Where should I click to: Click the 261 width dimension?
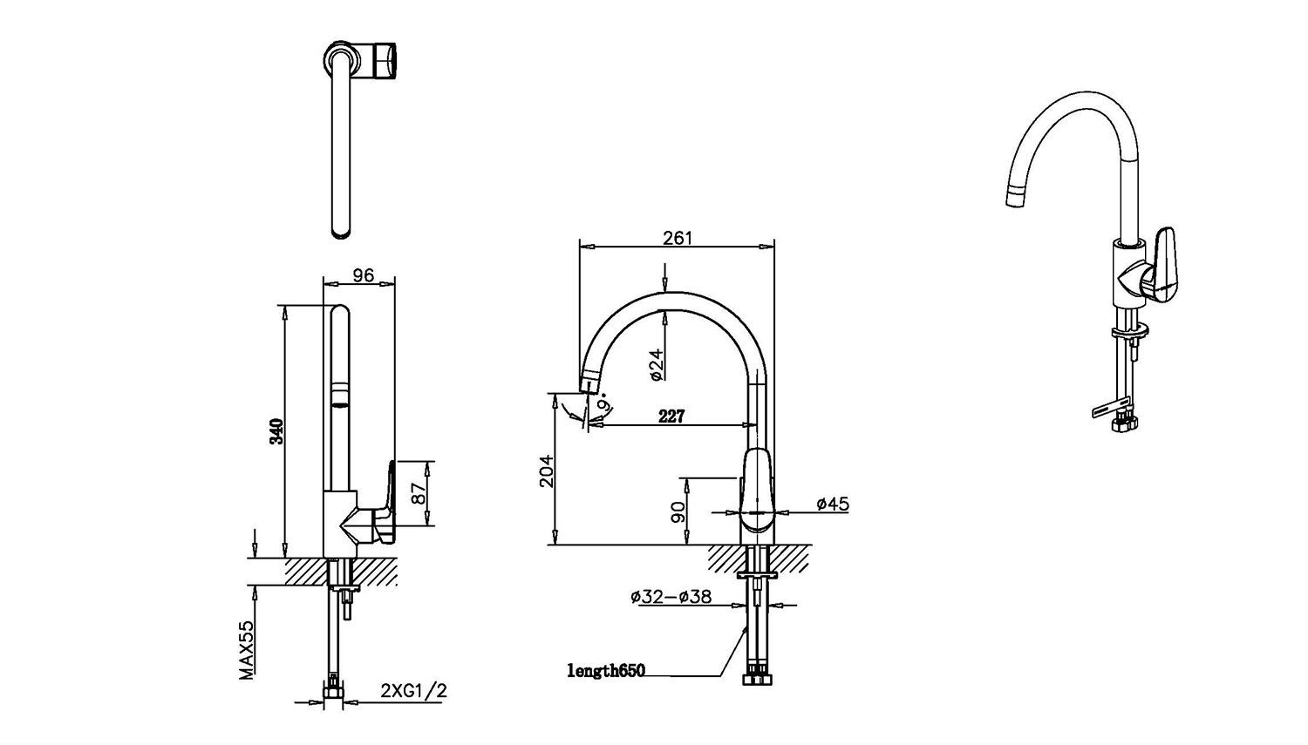pos(678,238)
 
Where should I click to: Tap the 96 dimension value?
pos(364,274)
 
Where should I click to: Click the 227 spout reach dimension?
pos(671,417)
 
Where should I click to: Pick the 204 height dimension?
pos(545,471)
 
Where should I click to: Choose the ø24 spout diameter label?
pos(657,364)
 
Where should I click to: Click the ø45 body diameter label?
pos(833,504)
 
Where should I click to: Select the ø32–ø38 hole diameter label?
pos(671,597)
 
